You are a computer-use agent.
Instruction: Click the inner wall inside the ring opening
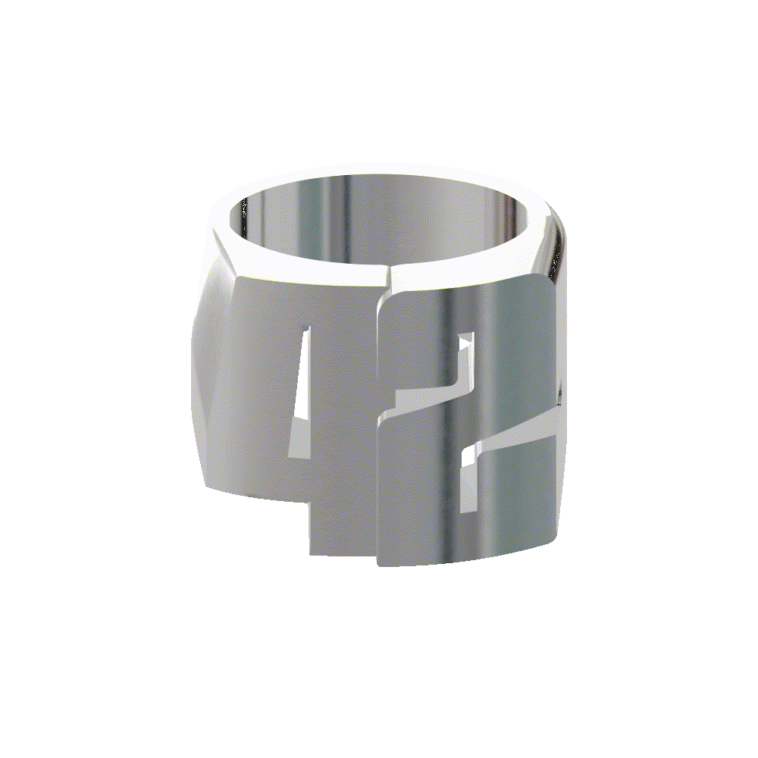point(379,220)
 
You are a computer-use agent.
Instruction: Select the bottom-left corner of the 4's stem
point(311,551)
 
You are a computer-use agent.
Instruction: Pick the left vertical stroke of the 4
point(258,379)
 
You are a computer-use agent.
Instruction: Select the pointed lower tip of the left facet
point(206,485)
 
